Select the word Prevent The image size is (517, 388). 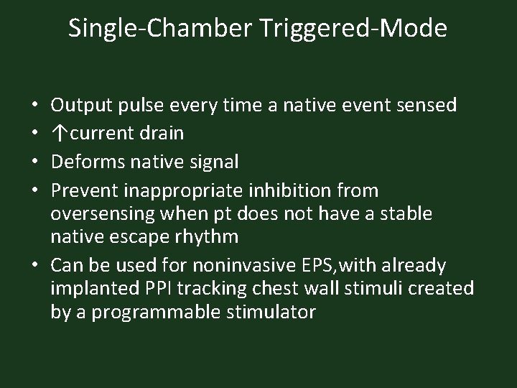click(x=85, y=190)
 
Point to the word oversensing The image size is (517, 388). click(x=98, y=213)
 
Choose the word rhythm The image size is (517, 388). click(x=210, y=236)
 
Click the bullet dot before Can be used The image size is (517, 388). click(x=34, y=266)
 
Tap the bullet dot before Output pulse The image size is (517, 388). click(x=34, y=106)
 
